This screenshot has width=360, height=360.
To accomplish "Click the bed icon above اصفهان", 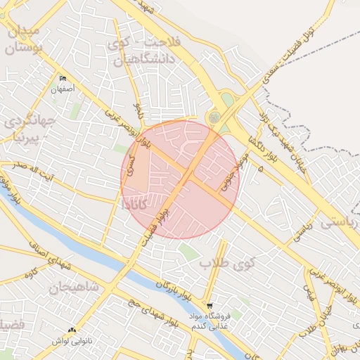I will (63, 78).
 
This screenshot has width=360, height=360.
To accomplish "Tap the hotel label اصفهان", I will (63, 90).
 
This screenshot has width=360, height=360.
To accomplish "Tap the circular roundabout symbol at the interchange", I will (214, 117).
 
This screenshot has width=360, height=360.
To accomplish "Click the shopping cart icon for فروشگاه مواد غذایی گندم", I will (210, 306).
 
